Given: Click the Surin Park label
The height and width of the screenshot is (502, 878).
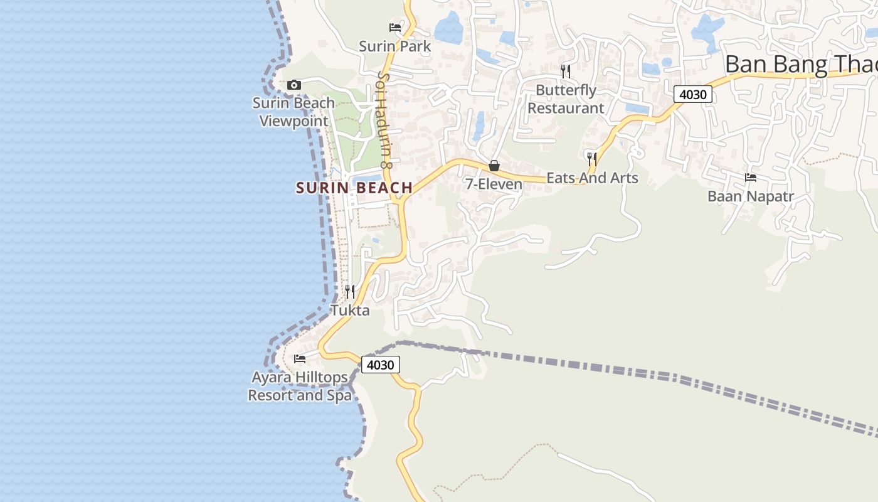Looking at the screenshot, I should tap(395, 46).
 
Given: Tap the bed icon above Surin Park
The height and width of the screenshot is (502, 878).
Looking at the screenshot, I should tap(395, 27).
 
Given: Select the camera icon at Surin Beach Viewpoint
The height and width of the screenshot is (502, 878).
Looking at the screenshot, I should tap(294, 85).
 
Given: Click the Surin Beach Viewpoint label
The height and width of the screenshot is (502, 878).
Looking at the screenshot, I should tap(294, 112).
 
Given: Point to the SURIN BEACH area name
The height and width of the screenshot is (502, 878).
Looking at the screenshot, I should tap(354, 188).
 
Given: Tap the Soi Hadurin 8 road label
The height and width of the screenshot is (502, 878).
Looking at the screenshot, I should tap(384, 119).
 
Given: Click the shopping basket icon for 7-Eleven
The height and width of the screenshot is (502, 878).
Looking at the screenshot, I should tap(494, 166).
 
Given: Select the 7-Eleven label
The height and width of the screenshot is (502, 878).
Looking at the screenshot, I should tap(494, 184).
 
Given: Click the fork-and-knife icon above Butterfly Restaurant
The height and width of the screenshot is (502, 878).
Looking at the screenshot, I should tap(566, 71).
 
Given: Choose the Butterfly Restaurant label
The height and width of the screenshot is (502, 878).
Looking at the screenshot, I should tap(566, 99).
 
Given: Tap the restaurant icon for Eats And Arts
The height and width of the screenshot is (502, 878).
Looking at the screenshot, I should tap(591, 158).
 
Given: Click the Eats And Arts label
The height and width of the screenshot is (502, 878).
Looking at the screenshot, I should tap(592, 178).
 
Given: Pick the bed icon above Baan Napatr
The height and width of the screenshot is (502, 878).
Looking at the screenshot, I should tap(751, 178).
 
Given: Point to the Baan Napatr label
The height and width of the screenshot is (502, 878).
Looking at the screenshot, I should tap(751, 196).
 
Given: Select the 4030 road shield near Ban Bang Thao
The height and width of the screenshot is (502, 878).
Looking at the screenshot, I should tap(693, 95).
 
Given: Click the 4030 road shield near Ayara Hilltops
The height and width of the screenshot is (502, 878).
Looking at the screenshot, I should tap(381, 365).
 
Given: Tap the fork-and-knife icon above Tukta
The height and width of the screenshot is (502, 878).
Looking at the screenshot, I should tap(350, 291).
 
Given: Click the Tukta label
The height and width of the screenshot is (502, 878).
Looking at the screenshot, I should tap(350, 311).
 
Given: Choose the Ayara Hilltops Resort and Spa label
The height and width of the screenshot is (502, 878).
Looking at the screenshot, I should tap(299, 387).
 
